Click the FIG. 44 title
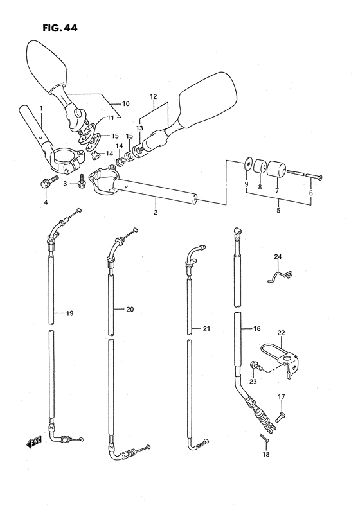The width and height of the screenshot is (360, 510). pos(60,28)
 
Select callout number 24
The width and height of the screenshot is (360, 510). pos(278,257)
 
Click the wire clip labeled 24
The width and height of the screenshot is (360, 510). pos(280,276)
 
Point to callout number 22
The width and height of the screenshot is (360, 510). pos(281,333)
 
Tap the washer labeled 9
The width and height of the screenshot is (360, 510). pos(248,164)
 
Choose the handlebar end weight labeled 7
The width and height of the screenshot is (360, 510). pos(276,169)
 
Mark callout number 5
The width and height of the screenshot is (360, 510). pos(278,210)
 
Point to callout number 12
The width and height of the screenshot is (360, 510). pos(154,96)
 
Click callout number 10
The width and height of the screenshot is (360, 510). pos(125,104)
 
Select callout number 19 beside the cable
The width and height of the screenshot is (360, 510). pos(69,313)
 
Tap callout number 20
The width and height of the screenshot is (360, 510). pos(130,310)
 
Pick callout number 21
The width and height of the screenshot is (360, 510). pos(206,329)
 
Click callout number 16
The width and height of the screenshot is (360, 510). pos(256,328)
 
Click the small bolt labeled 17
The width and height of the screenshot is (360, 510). pos(280,416)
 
